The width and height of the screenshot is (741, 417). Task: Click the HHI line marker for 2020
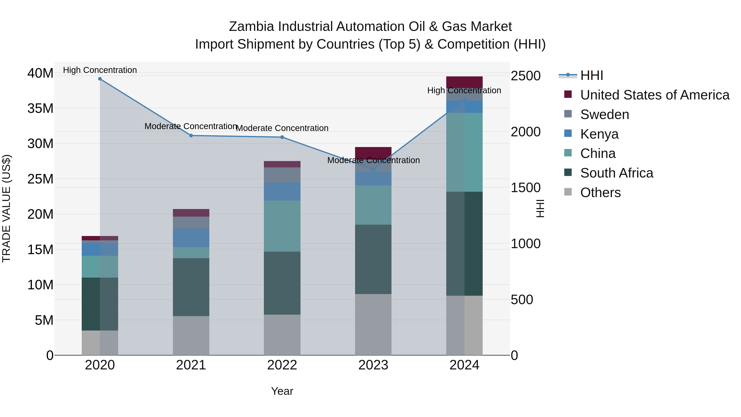click(x=100, y=79)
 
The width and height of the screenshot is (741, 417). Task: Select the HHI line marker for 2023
click(x=373, y=169)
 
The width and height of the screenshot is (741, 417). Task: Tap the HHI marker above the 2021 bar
click(x=191, y=135)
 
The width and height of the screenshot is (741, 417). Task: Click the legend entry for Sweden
click(x=604, y=114)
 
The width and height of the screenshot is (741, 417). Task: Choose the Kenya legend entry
click(x=599, y=134)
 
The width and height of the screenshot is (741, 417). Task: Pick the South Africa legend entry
click(x=616, y=173)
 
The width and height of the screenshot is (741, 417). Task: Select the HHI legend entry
click(x=591, y=75)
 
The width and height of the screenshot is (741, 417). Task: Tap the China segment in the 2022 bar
click(x=282, y=226)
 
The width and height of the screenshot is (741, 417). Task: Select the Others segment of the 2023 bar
click(x=373, y=324)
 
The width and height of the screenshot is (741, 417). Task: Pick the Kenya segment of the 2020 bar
click(x=100, y=249)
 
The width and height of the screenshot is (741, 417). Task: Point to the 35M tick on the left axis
click(x=40, y=109)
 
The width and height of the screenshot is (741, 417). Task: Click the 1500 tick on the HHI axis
click(x=525, y=188)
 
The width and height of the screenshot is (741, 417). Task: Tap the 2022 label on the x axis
click(x=282, y=365)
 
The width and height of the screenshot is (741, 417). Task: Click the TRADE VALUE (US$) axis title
click(x=6, y=208)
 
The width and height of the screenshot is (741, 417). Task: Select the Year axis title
click(x=282, y=391)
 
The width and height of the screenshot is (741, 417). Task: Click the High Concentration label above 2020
click(x=100, y=70)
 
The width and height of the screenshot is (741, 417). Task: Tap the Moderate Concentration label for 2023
click(x=373, y=160)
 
